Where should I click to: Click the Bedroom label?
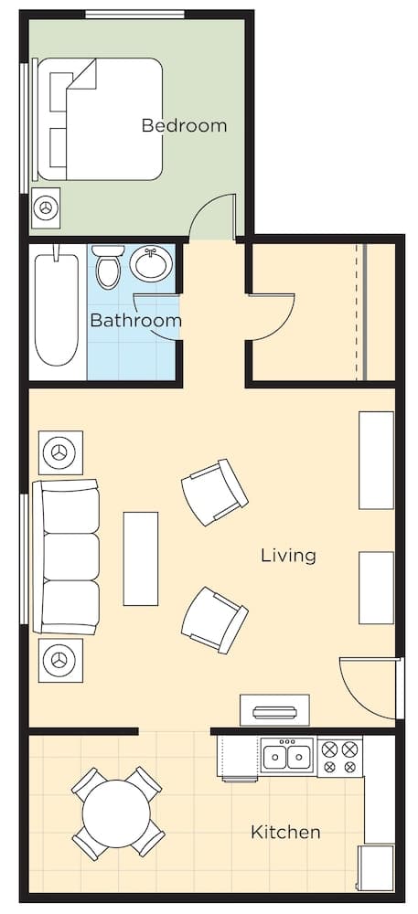pyautogui.click(x=184, y=125)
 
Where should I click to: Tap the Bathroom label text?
pyautogui.click(x=135, y=321)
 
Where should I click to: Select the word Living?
pyautogui.click(x=288, y=555)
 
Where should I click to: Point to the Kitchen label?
pyautogui.click(x=285, y=832)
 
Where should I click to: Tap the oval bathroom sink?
pyautogui.click(x=150, y=264)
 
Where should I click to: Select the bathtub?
pyautogui.click(x=57, y=309)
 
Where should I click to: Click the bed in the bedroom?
pyautogui.click(x=101, y=119)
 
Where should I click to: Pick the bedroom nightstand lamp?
pyautogui.click(x=47, y=209)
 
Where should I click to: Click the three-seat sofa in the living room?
pyautogui.click(x=67, y=556)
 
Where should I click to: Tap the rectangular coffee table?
pyautogui.click(x=141, y=558)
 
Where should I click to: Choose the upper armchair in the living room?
pyautogui.click(x=214, y=492)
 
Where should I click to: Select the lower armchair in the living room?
pyautogui.click(x=214, y=620)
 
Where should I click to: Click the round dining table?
pyautogui.click(x=117, y=813)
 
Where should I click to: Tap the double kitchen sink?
pyautogui.click(x=287, y=757)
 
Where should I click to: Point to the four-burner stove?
pyautogui.click(x=339, y=757)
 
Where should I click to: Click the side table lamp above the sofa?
pyautogui.click(x=61, y=452)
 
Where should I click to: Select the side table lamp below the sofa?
pyautogui.click(x=61, y=659)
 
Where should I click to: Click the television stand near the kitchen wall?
pyautogui.click(x=274, y=710)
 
